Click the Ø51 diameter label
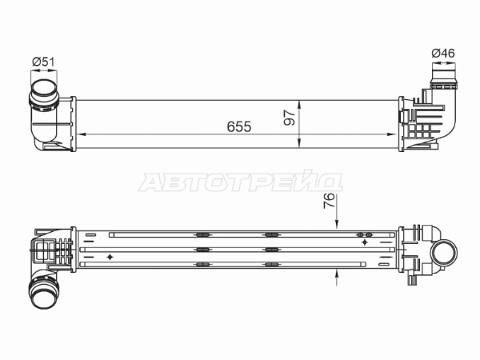click(43, 62)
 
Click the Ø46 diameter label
click(443, 54)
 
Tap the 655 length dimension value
click(239, 126)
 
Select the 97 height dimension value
click(290, 118)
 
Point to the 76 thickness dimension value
click(330, 201)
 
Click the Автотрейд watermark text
click(241, 182)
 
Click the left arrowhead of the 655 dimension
click(80, 134)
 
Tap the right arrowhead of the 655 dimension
click(392, 134)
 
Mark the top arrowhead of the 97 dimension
click(299, 105)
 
